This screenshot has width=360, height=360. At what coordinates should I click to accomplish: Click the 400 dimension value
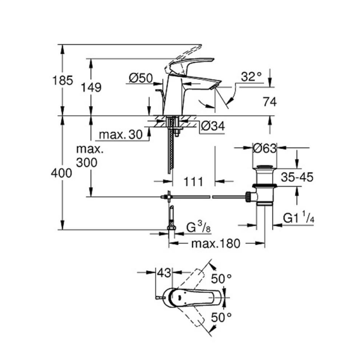[x=62, y=173]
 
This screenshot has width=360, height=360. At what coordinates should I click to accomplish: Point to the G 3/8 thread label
[x=197, y=227]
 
